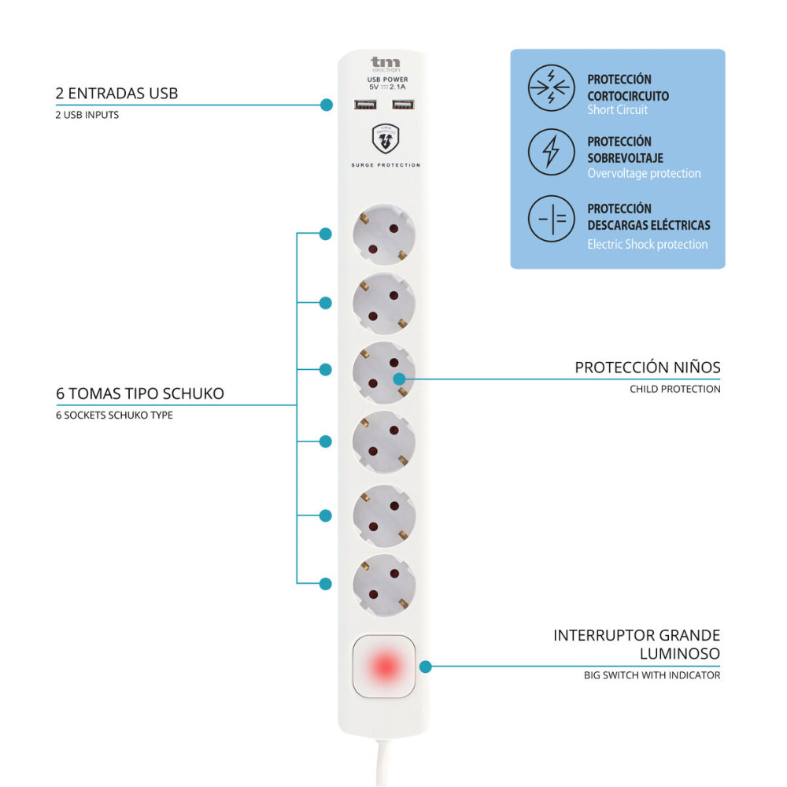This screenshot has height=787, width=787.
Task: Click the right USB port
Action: (x=402, y=105)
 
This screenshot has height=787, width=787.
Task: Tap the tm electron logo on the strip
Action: (x=385, y=64)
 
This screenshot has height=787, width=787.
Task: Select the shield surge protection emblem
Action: (x=386, y=139)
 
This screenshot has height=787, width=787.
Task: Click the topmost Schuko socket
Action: (x=385, y=234)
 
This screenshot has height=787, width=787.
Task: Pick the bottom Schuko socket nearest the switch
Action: (x=385, y=584)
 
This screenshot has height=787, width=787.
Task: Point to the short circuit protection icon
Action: (x=551, y=87)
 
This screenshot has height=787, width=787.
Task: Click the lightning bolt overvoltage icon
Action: (x=551, y=151)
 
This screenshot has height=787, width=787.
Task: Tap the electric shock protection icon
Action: (x=551, y=219)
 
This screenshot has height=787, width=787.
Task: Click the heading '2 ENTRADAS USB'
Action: (x=116, y=93)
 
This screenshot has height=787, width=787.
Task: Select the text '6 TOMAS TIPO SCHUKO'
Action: (x=140, y=393)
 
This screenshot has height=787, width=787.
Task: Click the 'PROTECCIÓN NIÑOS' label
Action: (x=647, y=368)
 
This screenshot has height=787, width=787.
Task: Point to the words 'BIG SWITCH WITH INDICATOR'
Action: (x=652, y=675)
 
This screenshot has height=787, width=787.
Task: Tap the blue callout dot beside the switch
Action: (x=426, y=667)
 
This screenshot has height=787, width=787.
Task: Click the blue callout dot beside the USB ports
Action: (x=327, y=105)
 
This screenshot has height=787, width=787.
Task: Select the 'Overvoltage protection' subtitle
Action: (x=644, y=173)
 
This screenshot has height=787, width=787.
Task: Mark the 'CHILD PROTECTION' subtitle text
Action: (x=674, y=389)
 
